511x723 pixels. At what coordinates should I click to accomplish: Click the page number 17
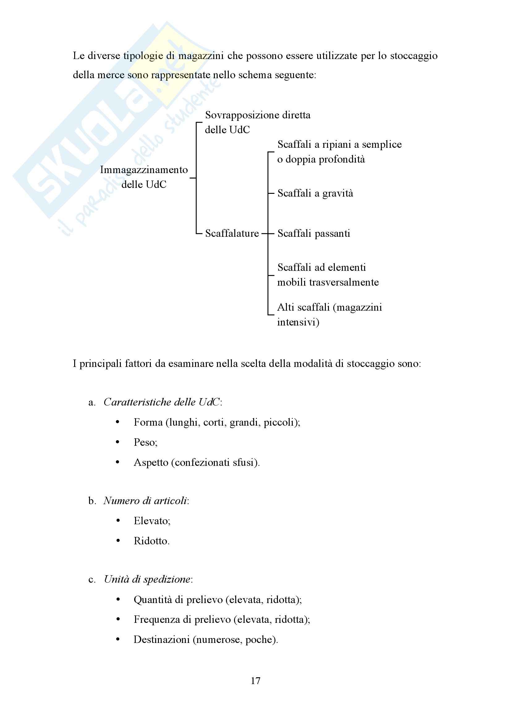pos(255,681)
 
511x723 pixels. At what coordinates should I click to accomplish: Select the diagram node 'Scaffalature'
pos(232,233)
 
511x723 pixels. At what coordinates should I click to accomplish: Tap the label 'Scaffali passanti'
pos(313,233)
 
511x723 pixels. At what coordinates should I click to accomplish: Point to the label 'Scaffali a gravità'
pos(315,193)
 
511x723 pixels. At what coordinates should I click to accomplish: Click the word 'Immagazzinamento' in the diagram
pos(144,170)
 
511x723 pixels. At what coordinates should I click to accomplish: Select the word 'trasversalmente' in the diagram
pos(344,282)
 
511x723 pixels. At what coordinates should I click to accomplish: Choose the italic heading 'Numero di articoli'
pos(145,501)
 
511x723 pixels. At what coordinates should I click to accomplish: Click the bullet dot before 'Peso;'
pos(118,442)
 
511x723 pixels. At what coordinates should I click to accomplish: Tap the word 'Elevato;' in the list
pos(152,521)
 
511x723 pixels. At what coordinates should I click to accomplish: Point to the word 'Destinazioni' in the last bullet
pos(161,640)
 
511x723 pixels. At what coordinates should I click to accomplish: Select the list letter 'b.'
pos(92,501)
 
